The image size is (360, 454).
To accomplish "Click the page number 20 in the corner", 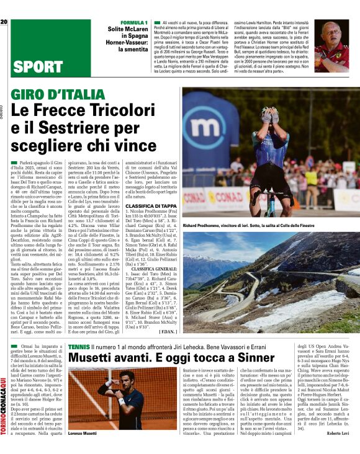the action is tap(4, 22).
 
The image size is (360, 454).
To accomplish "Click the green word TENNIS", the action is tap(78, 345).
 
